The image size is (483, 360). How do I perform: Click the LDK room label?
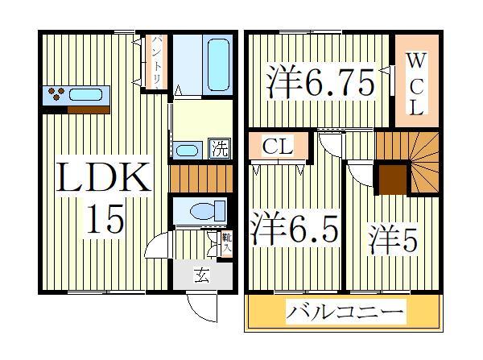click(103, 178)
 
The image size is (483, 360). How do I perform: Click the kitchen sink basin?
click(85, 95)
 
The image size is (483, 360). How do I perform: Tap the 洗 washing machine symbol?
click(219, 148)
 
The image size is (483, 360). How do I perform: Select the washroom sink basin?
click(188, 150)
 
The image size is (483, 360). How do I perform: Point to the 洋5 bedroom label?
click(394, 239)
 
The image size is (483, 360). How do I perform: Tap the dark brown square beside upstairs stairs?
click(392, 179)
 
